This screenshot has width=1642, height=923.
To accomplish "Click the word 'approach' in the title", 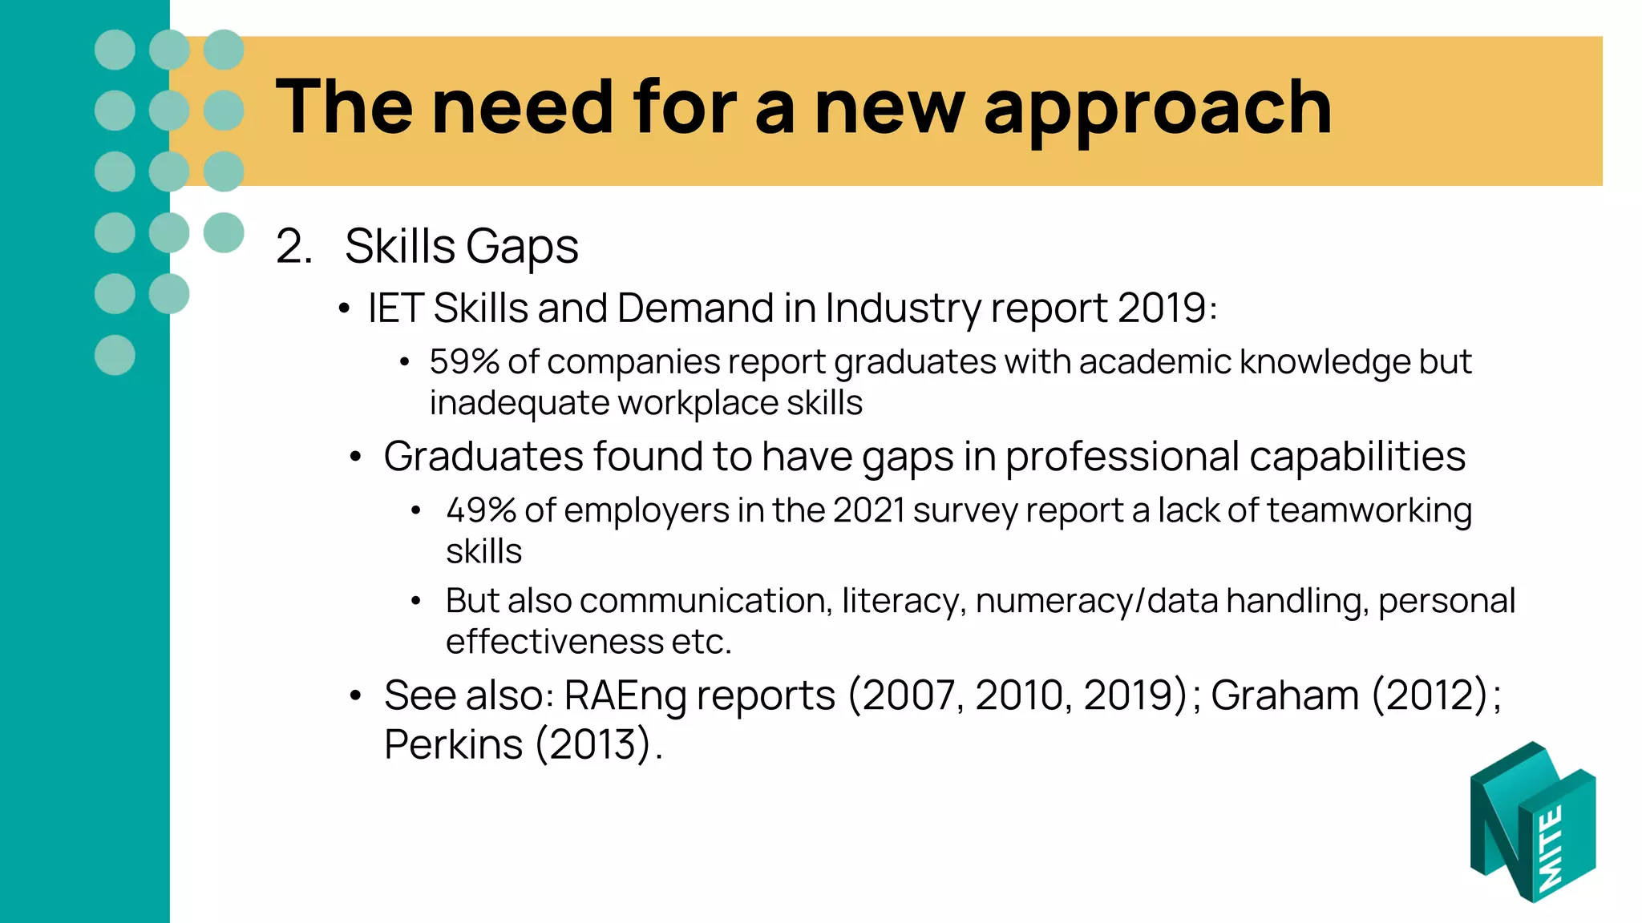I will [x=1158, y=110].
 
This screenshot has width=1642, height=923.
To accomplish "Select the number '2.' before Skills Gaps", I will [x=294, y=246].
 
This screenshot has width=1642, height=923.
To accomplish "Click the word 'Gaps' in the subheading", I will [x=522, y=248].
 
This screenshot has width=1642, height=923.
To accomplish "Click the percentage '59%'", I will [x=464, y=362].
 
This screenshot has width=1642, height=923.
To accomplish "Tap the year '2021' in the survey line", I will [x=868, y=510].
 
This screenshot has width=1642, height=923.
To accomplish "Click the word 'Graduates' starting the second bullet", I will [x=483, y=457].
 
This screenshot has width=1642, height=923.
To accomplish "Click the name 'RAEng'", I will [x=625, y=695].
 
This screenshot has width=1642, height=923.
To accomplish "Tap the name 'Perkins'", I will [x=454, y=744].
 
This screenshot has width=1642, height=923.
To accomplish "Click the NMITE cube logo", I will [x=1532, y=823].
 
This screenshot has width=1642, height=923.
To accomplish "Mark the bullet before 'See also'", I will [x=356, y=695].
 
